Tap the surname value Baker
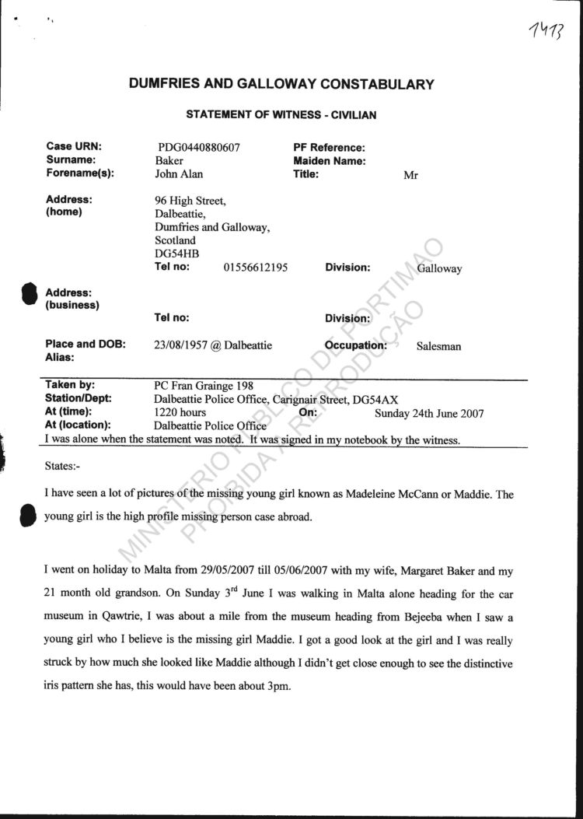[169, 161]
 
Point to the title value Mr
[410, 176]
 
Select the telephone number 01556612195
[256, 268]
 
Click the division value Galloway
[439, 269]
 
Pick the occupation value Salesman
[438, 346]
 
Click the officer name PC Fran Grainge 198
[204, 386]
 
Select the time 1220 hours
[180, 413]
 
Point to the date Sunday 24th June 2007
[429, 414]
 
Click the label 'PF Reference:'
[329, 147]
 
